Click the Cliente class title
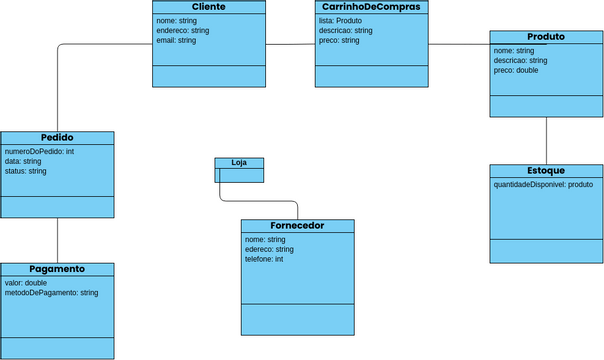tap(209, 7)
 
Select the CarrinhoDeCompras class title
tap(371, 7)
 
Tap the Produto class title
tap(546, 37)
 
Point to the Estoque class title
tap(546, 171)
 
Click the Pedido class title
tap(57, 138)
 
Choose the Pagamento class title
tap(57, 269)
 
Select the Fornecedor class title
tap(298, 226)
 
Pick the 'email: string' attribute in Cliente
tap(177, 41)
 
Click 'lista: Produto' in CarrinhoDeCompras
tap(340, 21)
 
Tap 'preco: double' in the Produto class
tap(516, 70)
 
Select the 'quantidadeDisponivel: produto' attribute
tap(543, 185)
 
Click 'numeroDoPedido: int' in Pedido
tap(40, 151)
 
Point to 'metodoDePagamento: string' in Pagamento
tap(51, 293)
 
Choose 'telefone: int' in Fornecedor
tap(264, 259)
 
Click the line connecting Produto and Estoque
tap(546, 141)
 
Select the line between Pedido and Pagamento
tap(57, 240)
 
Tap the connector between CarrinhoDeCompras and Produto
tap(458, 44)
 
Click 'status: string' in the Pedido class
tap(26, 171)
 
